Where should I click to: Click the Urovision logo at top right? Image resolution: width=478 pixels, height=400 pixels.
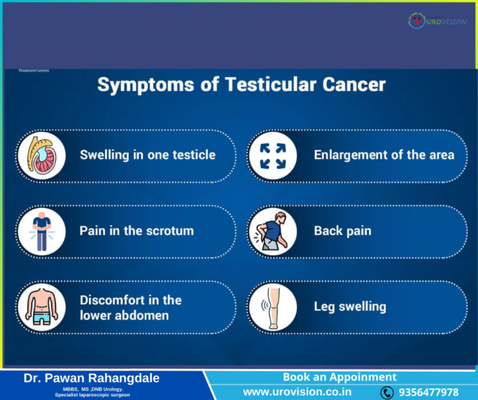tap(437, 21)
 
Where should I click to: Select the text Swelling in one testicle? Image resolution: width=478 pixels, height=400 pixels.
tap(147, 155)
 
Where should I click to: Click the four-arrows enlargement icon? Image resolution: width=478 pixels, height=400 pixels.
tap(272, 155)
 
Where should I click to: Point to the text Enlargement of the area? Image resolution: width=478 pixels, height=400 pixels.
tap(384, 155)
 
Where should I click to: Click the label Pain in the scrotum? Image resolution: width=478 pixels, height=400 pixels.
tap(137, 230)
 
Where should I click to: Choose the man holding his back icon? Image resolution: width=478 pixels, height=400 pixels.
tap(272, 230)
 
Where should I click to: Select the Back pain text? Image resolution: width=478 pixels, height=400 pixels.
tap(343, 230)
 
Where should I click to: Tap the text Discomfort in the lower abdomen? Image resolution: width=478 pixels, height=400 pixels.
tap(131, 308)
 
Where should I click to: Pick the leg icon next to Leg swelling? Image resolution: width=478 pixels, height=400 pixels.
tap(272, 307)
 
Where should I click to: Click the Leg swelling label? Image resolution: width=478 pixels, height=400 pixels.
tap(350, 307)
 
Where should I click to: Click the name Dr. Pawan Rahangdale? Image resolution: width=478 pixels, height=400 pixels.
tap(91, 378)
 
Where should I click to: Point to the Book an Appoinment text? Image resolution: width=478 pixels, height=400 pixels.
tap(340, 377)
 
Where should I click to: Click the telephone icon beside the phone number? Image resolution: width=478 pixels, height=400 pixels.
tap(387, 393)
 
